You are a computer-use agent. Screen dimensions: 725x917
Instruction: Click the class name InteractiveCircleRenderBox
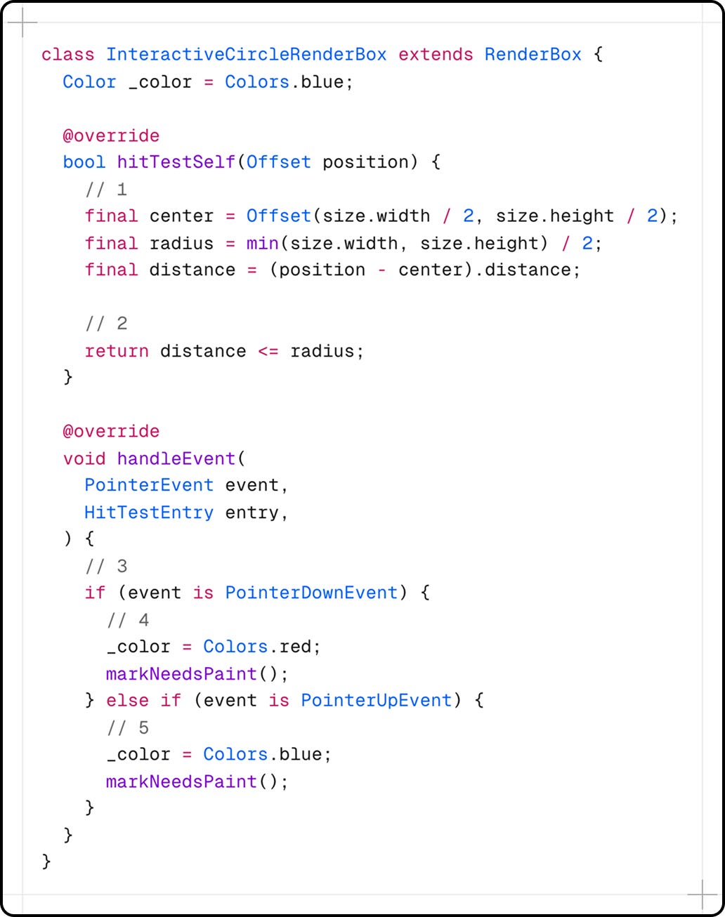click(246, 55)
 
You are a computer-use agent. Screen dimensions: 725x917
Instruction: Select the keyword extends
click(436, 55)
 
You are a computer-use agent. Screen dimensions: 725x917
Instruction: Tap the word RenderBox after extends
click(533, 55)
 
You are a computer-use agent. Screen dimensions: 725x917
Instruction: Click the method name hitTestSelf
click(176, 162)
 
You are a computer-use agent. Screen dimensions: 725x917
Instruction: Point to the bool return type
click(84, 162)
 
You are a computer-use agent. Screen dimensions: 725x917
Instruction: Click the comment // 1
click(106, 190)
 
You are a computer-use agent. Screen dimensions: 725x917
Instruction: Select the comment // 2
click(106, 324)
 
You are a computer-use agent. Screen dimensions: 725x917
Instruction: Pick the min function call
click(262, 244)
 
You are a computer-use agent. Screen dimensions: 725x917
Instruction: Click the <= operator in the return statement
click(268, 351)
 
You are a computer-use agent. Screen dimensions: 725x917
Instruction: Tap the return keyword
click(117, 351)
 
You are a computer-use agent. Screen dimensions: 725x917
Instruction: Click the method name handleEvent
click(176, 459)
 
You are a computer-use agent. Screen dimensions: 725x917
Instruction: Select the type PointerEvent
click(149, 486)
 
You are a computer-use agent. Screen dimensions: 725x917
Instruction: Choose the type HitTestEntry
click(149, 513)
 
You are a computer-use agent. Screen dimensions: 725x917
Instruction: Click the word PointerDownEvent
click(311, 593)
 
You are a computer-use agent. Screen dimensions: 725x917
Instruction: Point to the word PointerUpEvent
click(376, 701)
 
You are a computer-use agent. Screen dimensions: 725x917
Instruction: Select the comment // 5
click(128, 728)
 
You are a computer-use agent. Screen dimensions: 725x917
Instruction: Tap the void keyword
click(84, 459)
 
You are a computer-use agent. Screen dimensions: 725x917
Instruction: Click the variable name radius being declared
click(181, 244)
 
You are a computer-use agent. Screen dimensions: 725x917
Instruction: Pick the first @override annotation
click(111, 136)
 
